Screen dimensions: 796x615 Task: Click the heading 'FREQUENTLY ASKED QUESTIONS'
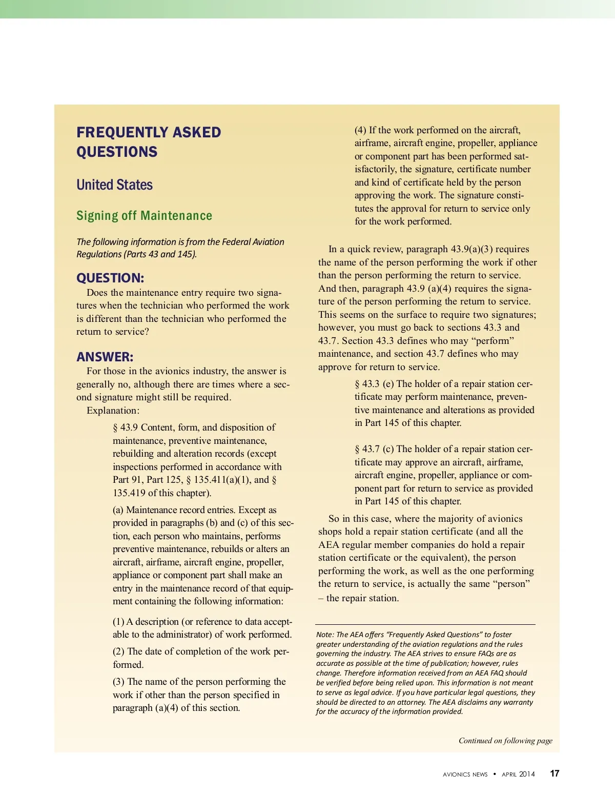[149, 142]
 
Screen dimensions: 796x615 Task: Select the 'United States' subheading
[114, 185]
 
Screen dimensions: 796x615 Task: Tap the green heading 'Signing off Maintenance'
[144, 216]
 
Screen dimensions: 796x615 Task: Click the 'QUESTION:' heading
[110, 278]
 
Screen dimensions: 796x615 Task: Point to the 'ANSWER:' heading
[105, 357]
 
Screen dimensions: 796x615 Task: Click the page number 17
[555, 773]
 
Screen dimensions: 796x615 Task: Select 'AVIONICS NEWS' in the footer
[465, 774]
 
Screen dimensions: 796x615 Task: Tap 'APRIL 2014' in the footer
[518, 774]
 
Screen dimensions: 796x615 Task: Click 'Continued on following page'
[505, 741]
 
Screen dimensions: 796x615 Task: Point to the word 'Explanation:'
[113, 411]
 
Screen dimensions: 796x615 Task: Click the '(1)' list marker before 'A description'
[118, 622]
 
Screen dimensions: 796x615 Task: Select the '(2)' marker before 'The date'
[119, 651]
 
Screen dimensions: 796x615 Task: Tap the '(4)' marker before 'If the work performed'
[360, 130]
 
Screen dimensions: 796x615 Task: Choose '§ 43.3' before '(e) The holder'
[367, 384]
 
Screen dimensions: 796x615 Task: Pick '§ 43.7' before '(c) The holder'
[367, 449]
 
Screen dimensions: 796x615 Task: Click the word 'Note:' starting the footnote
[325, 635]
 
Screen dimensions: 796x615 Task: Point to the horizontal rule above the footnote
[425, 624]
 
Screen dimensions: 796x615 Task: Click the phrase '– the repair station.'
[358, 598]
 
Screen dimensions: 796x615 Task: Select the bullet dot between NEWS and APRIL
[495, 774]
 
